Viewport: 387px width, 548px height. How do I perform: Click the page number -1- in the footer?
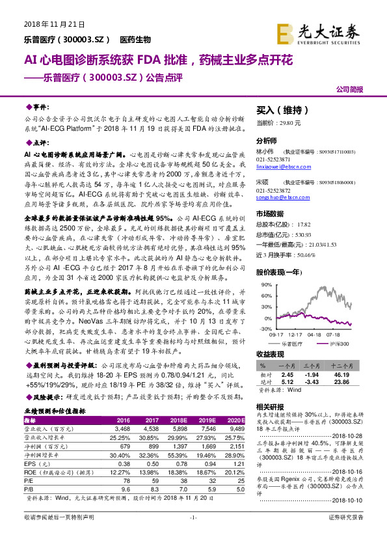[x=193, y=535]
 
